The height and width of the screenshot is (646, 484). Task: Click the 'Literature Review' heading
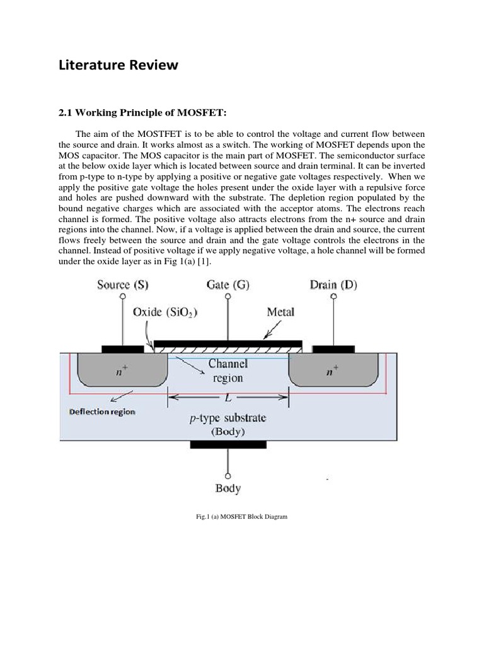point(118,65)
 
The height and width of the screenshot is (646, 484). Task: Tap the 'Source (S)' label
point(123,285)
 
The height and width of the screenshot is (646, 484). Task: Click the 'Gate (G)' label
point(228,285)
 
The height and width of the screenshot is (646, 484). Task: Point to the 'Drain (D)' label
point(333,285)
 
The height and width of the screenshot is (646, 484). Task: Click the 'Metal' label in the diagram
point(280,312)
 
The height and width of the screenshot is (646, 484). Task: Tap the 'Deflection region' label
point(100,411)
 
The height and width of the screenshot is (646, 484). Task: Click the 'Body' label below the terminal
point(228,488)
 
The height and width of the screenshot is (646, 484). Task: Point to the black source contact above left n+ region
point(122,348)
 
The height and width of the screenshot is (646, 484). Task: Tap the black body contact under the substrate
point(228,445)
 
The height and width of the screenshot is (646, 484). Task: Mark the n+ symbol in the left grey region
point(119,371)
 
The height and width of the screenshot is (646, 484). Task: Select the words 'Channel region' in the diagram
point(228,371)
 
